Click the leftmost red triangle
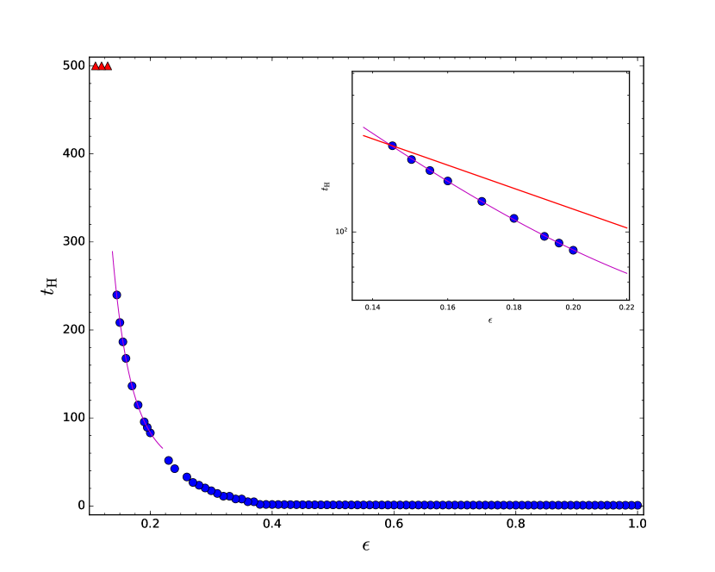[x=96, y=66]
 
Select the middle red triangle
[x=102, y=66]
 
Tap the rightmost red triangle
[x=108, y=66]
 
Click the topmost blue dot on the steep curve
[x=116, y=295]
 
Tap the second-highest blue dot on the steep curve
[x=120, y=322]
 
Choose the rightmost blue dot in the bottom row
[x=637, y=505]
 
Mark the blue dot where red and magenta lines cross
[x=392, y=146]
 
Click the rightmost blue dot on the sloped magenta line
[x=573, y=250]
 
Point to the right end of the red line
[x=627, y=228]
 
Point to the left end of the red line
[x=364, y=135]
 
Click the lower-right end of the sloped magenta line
[x=627, y=273]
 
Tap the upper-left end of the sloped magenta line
[x=364, y=127]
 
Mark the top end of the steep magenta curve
[x=113, y=252]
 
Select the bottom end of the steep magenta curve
[x=162, y=448]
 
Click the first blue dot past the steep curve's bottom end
[x=168, y=460]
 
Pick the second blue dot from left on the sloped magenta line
[x=411, y=159]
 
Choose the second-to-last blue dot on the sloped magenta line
[x=559, y=243]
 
